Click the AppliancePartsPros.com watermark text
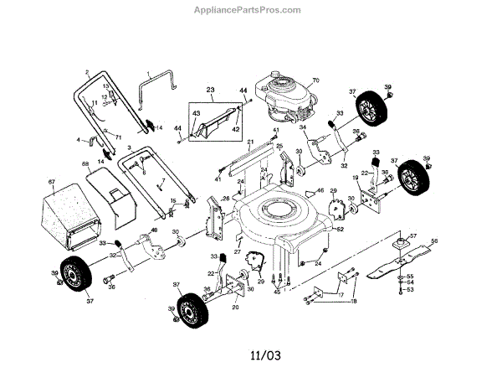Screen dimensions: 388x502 point(250,10)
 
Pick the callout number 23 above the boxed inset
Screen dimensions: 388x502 point(211,90)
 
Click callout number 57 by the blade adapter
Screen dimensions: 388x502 point(412,235)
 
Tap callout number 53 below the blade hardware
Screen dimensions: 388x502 point(411,290)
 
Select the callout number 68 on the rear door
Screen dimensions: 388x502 point(85,163)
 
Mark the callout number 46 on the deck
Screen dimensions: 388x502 point(320,191)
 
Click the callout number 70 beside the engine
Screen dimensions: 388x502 point(316,80)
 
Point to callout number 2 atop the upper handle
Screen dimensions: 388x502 point(87,72)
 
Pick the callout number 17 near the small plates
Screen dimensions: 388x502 point(340,295)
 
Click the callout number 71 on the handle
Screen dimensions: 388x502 point(118,135)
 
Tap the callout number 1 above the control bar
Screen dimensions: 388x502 point(149,73)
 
